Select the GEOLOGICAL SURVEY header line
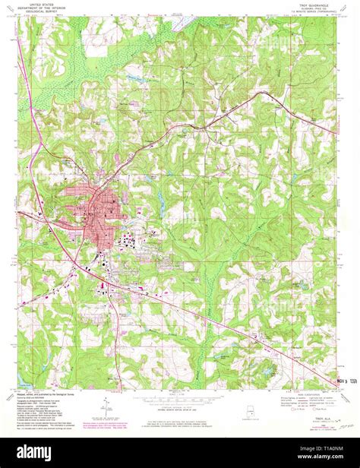pyautogui.click(x=48, y=11)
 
